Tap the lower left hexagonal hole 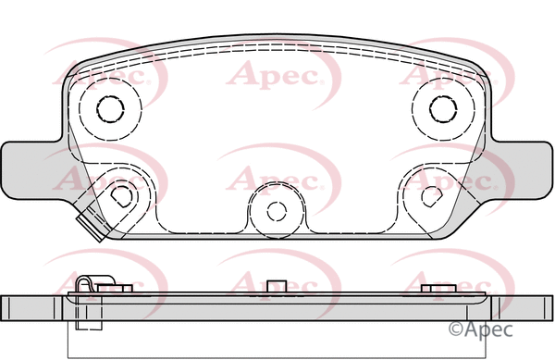120,195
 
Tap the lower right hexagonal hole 428,195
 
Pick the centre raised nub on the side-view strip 274,287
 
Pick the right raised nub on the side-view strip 436,290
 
